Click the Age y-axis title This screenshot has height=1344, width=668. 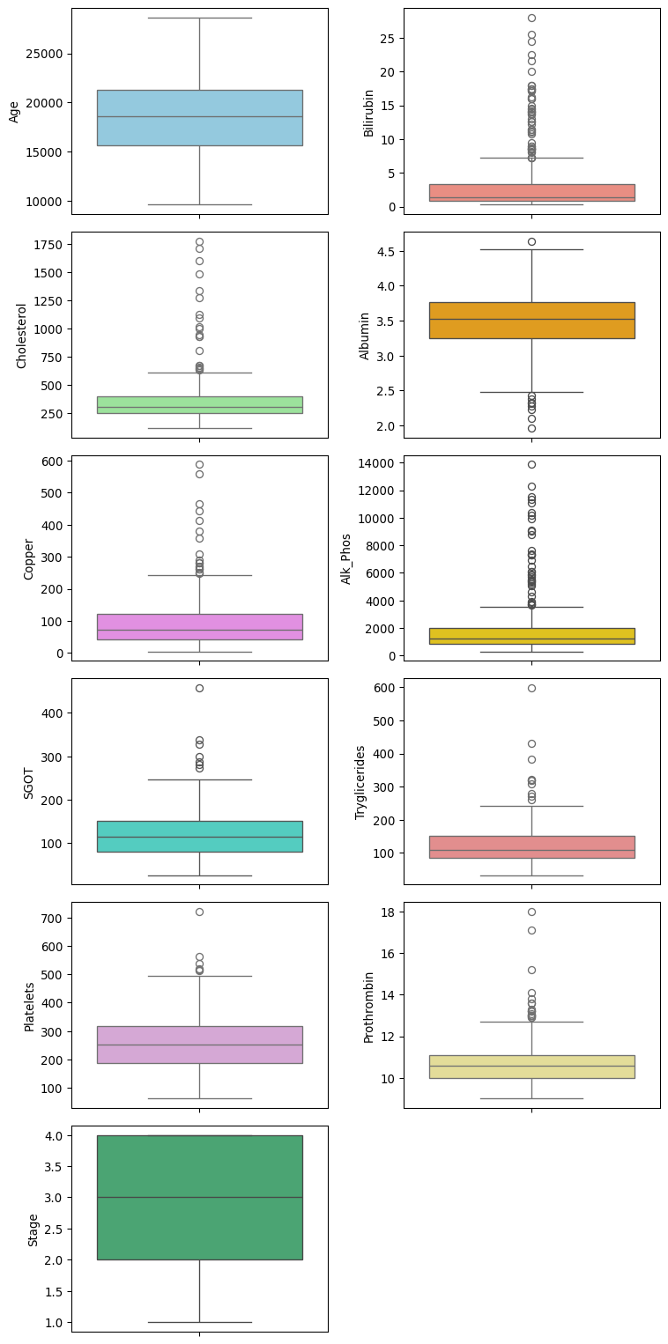tap(14, 111)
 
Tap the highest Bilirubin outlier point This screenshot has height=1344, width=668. tap(531, 18)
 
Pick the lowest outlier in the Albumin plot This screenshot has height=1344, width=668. tap(531, 428)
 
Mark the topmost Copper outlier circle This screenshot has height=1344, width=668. tap(199, 464)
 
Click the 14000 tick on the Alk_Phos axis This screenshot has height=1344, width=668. tap(380, 463)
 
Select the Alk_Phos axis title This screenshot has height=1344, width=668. tap(347, 558)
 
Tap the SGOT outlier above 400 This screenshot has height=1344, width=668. tap(199, 688)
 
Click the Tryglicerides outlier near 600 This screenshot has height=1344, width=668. tap(531, 688)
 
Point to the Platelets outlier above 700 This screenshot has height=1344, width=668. tap(199, 912)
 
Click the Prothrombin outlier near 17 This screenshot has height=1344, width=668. tap(531, 930)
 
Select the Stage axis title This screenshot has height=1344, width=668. tap(33, 1230)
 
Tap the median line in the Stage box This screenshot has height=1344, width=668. tap(199, 1197)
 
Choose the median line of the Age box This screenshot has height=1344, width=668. tap(199, 116)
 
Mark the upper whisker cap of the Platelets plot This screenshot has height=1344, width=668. tap(199, 976)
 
